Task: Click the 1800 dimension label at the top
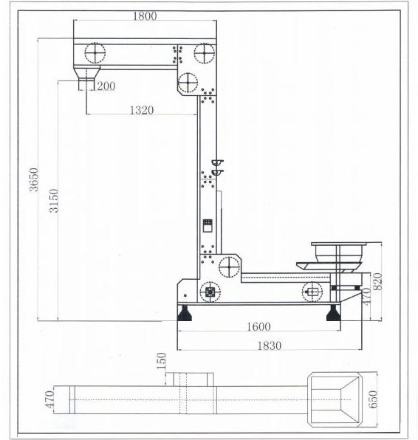(x=145, y=16)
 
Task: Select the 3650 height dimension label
(x=34, y=179)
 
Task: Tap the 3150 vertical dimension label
(x=54, y=201)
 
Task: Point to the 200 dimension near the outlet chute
(x=106, y=86)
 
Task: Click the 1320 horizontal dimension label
(x=142, y=110)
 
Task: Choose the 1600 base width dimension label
(x=258, y=326)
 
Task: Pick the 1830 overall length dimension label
(x=270, y=346)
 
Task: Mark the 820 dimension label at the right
(x=378, y=281)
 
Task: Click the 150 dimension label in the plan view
(x=162, y=361)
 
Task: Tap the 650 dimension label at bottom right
(x=373, y=399)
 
